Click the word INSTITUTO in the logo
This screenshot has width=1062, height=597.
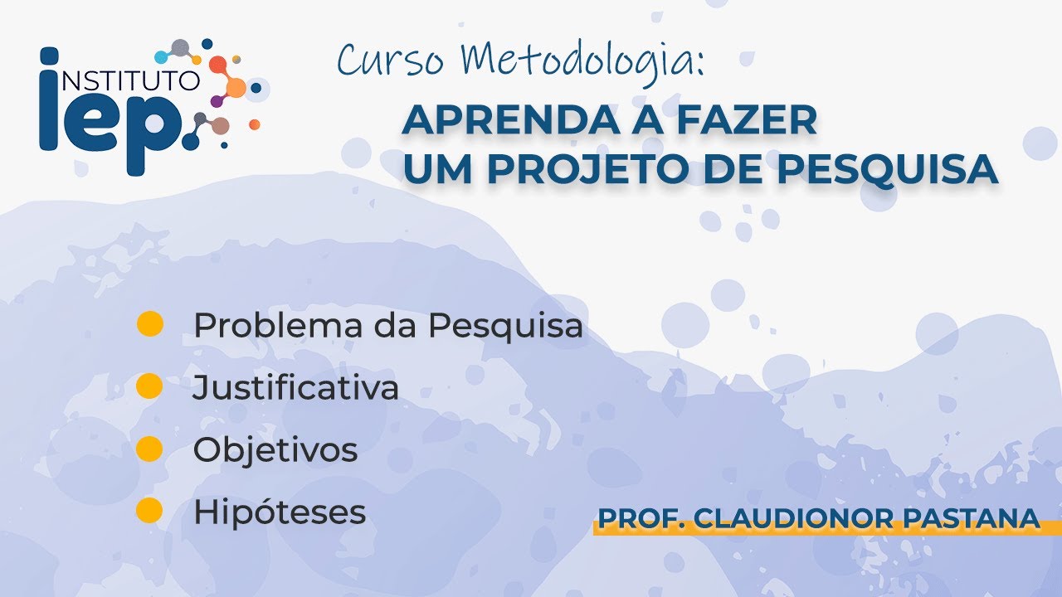click(x=131, y=80)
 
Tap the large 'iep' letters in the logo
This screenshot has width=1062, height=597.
click(x=111, y=111)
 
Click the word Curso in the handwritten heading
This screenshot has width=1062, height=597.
click(x=391, y=60)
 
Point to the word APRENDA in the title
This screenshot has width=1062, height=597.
click(x=510, y=121)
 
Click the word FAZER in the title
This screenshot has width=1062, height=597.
click(x=747, y=121)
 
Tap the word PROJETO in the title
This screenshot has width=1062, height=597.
click(x=588, y=169)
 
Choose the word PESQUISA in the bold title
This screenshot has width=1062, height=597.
click(x=888, y=169)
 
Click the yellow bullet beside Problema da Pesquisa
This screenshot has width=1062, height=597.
click(x=150, y=324)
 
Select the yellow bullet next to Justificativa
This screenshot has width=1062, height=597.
click(x=149, y=386)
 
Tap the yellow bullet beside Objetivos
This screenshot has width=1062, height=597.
click(x=149, y=449)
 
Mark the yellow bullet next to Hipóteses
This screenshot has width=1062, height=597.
click(x=149, y=510)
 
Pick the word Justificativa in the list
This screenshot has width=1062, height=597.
click(x=295, y=387)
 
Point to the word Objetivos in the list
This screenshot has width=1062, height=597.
click(x=275, y=449)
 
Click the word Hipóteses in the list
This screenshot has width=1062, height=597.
click(x=280, y=512)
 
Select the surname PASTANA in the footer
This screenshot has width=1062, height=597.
click(x=971, y=518)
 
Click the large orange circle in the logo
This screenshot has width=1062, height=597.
click(x=236, y=88)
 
